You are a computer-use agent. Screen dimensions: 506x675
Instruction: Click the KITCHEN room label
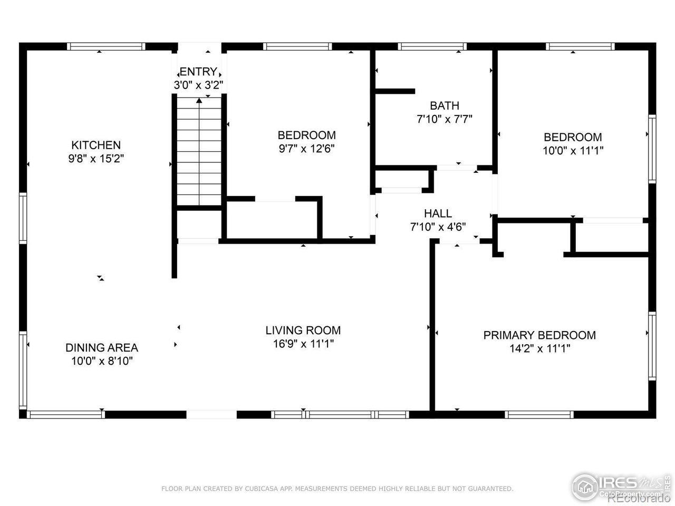tap(96, 145)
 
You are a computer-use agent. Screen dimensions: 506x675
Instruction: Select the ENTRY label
tap(198, 72)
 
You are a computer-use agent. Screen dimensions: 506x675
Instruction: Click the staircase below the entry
tap(199, 153)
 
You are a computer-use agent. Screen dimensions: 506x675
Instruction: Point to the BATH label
tap(444, 105)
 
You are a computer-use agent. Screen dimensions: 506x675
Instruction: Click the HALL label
tap(438, 213)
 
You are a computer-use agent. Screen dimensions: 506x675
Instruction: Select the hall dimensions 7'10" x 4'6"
tap(438, 227)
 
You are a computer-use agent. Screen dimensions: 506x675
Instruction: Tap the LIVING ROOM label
tap(303, 330)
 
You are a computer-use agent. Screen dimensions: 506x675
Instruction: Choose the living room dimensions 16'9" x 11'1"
tap(303, 344)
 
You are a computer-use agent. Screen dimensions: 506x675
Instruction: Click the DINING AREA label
tap(102, 348)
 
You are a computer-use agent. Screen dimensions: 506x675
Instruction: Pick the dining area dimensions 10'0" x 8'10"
tap(102, 361)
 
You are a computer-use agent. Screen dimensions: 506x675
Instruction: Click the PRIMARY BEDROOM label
tap(539, 335)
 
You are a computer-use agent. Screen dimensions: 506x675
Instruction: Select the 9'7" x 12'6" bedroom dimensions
tap(306, 149)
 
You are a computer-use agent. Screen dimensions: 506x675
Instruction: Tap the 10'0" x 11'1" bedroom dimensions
tap(573, 150)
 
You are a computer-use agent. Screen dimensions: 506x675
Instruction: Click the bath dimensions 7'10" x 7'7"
tap(444, 119)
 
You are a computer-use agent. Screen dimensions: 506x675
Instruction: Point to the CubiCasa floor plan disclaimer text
tap(337, 489)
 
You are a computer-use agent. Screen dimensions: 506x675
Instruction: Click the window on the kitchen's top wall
tap(106, 46)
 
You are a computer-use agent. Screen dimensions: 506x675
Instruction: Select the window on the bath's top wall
tap(432, 46)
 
